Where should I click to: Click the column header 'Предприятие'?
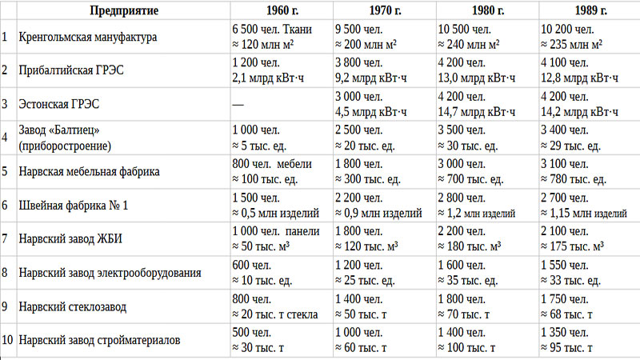click(x=123, y=12)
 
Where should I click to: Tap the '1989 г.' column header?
click(x=588, y=12)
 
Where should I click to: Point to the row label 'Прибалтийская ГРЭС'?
click(x=72, y=71)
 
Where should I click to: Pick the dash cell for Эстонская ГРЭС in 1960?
click(x=237, y=104)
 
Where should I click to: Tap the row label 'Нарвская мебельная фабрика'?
click(x=89, y=171)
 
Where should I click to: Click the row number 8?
click(x=6, y=273)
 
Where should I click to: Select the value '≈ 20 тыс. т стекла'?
click(x=274, y=314)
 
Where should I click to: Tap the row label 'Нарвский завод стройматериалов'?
click(x=99, y=341)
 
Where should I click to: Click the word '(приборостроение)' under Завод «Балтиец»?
click(x=64, y=145)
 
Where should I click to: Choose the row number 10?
click(x=8, y=341)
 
